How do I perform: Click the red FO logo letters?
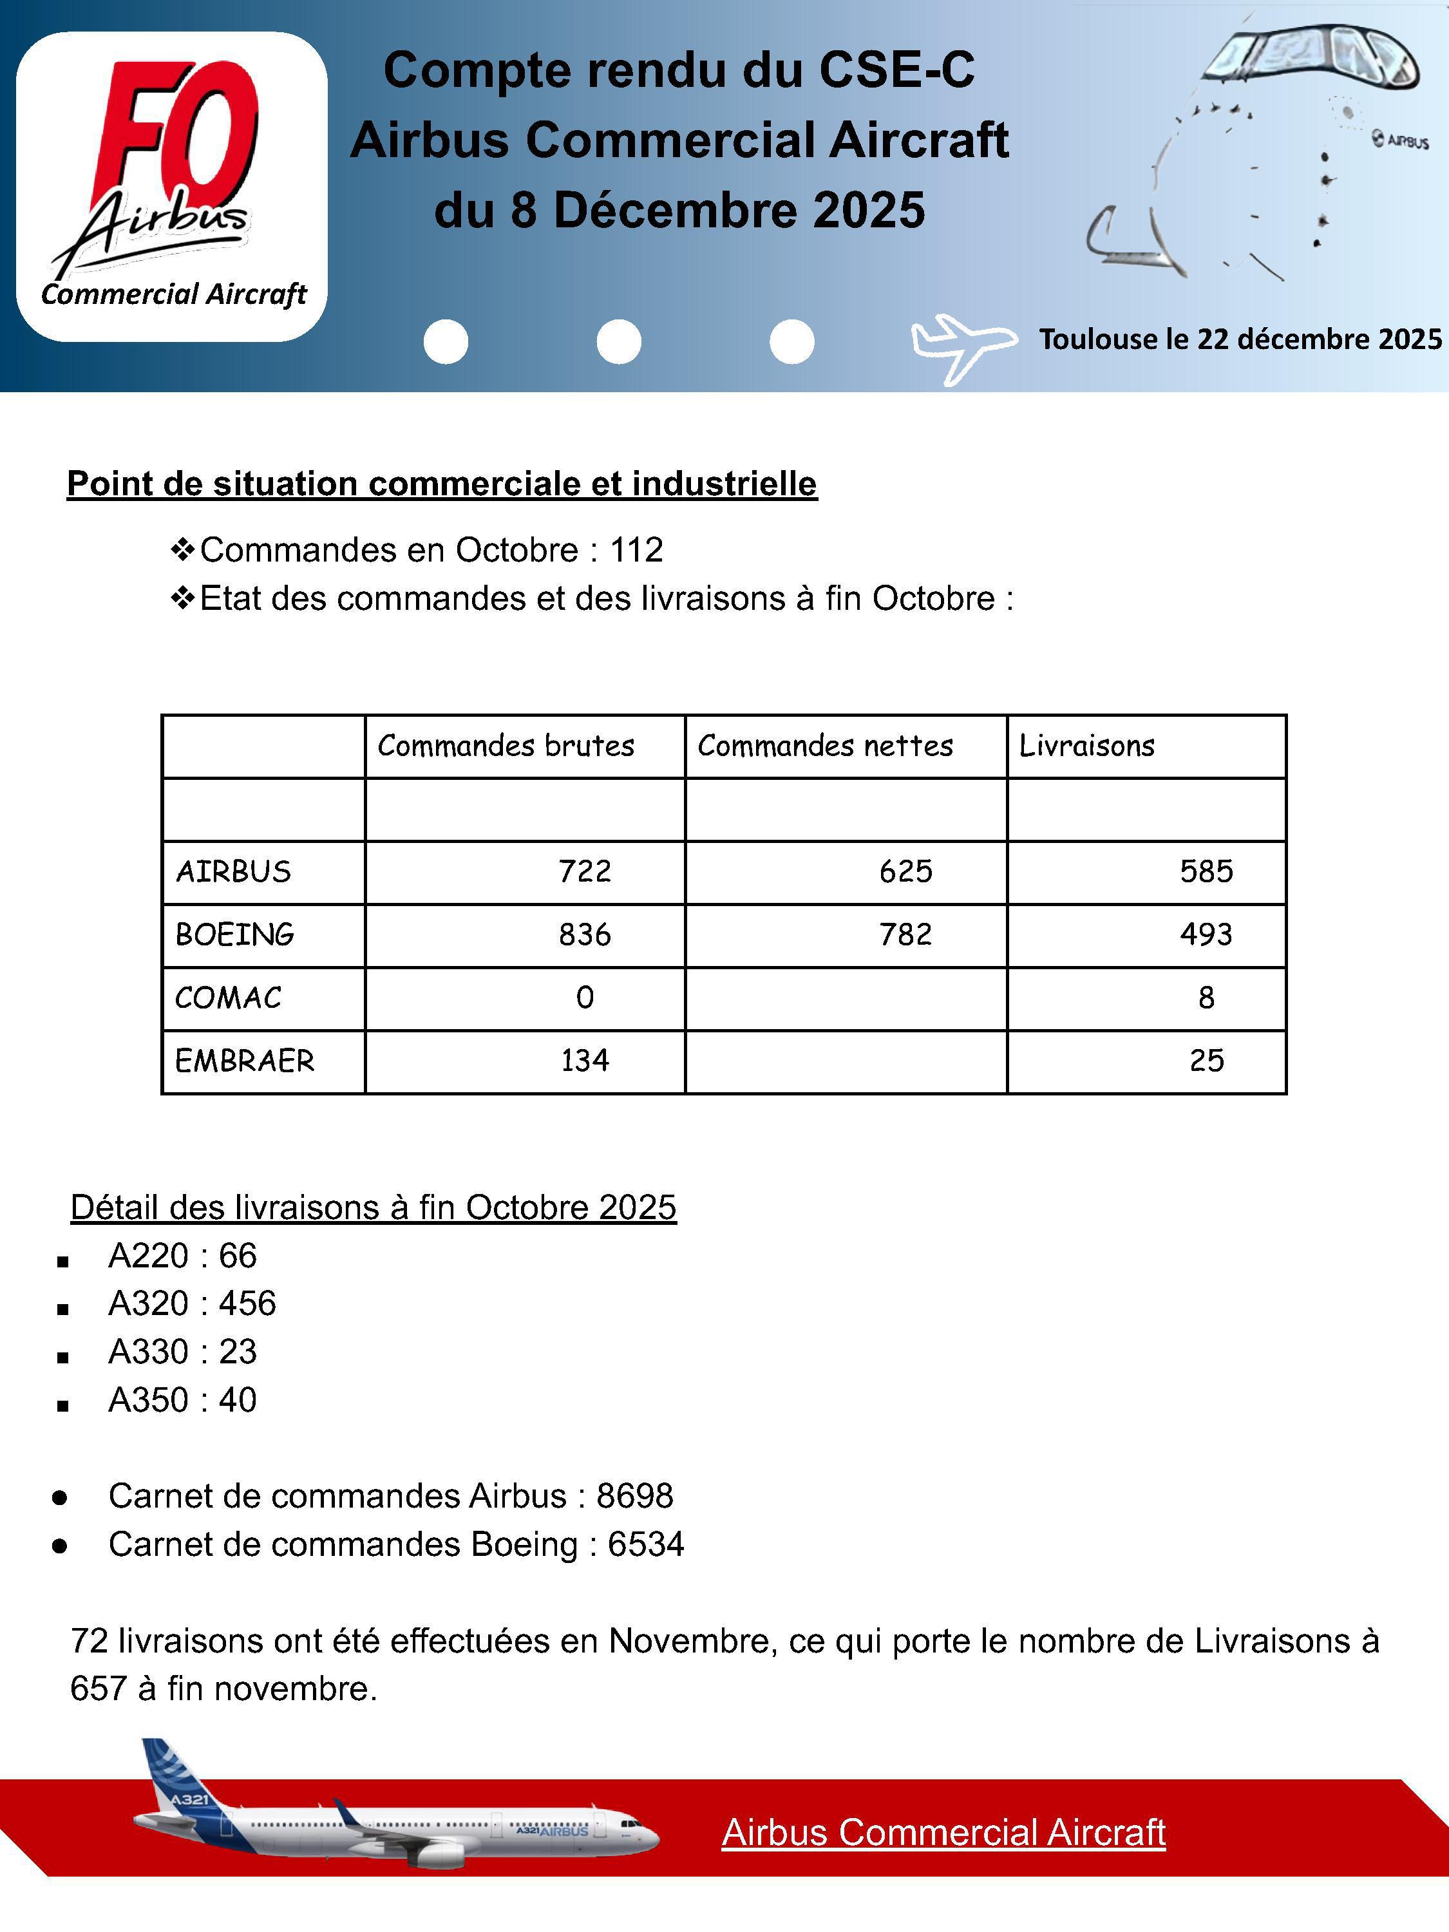click(x=179, y=131)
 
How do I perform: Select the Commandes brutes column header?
click(x=506, y=746)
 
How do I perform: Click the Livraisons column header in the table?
click(x=1086, y=746)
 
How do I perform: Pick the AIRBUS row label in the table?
click(x=233, y=872)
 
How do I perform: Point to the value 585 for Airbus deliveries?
click(x=1206, y=872)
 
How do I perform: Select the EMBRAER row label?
click(x=245, y=1061)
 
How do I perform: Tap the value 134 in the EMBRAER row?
click(x=584, y=1061)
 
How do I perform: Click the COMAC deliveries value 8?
click(x=1206, y=998)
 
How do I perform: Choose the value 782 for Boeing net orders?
click(x=905, y=934)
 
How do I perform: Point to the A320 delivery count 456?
click(x=247, y=1304)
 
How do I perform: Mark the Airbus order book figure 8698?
click(x=635, y=1496)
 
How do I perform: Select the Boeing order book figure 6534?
click(x=645, y=1544)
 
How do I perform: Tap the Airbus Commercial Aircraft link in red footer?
click(x=943, y=1832)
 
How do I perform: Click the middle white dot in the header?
click(x=618, y=341)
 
